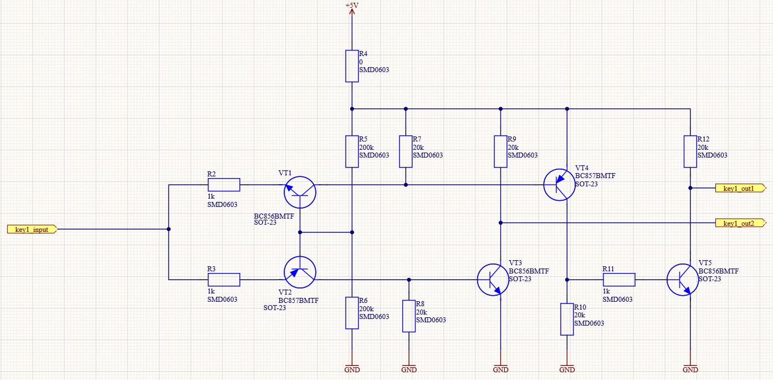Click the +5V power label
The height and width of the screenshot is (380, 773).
[352, 6]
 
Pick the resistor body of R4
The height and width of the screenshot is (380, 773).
[352, 66]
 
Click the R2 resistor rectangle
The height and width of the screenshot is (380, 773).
[224, 185]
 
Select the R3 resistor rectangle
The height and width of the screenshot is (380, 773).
[224, 280]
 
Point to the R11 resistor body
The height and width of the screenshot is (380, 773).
[619, 280]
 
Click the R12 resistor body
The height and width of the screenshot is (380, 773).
[690, 151]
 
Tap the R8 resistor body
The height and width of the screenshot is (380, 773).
[409, 316]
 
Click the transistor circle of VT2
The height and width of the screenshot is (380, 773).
[300, 272]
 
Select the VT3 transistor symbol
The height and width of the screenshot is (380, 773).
[493, 280]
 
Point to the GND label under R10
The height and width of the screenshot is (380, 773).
[567, 369]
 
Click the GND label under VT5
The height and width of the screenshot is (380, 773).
[690, 369]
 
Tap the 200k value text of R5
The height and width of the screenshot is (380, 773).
[366, 148]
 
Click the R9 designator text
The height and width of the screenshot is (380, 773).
[512, 139]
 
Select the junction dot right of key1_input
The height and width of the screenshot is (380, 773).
[168, 229]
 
